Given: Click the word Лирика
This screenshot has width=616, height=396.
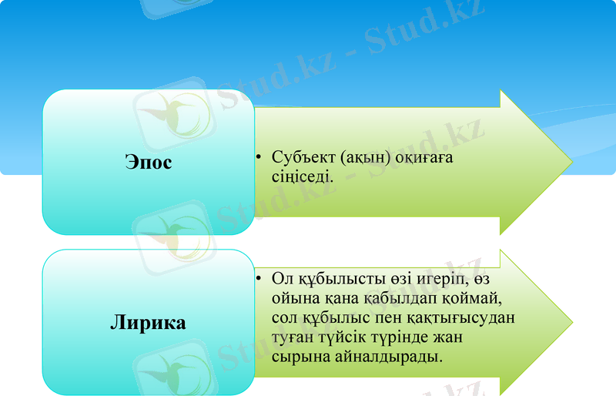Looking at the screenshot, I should pos(148,322).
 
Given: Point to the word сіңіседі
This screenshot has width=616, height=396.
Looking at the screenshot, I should pos(302,176).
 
